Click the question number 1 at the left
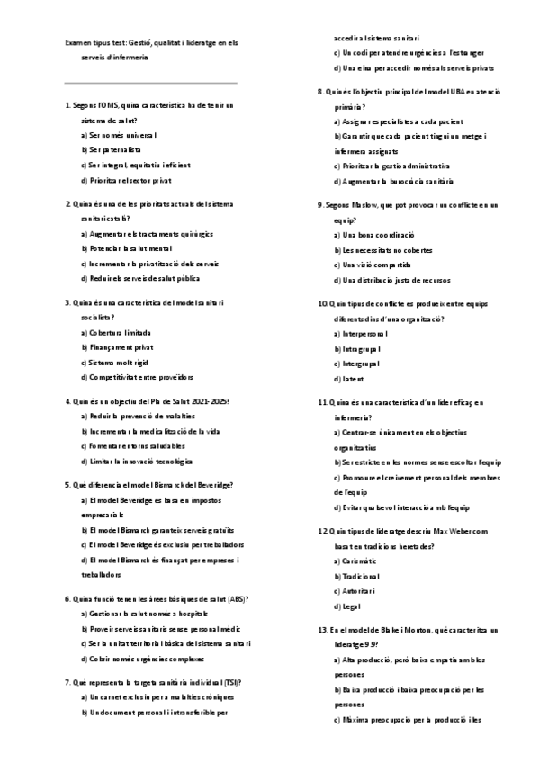tap(68, 105)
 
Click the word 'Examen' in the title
tap(78, 41)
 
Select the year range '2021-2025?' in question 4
tap(208, 400)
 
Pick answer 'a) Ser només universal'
tap(118, 135)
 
